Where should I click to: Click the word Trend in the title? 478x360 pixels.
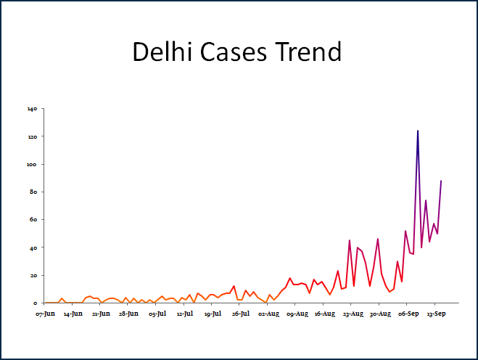312,52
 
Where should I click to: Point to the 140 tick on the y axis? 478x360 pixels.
32,109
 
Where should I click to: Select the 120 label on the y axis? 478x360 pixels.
32,136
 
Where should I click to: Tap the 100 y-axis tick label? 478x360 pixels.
32,164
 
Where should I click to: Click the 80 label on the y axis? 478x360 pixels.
33,192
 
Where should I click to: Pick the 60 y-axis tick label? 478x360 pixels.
33,220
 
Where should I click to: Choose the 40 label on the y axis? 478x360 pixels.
33,247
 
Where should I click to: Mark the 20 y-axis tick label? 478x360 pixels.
33,275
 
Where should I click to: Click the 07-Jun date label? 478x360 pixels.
46,314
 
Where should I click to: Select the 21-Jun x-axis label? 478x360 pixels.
101,314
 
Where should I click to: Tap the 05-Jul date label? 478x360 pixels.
157,314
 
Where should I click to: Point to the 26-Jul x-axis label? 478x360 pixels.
241,314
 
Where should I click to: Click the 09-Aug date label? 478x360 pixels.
297,314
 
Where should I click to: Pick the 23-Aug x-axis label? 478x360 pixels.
353,314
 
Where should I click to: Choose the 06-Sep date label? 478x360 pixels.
408,314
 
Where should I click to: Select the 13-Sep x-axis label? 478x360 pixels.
436,314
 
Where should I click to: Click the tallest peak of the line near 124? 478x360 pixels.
418,131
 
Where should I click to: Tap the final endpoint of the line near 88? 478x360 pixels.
441,181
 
